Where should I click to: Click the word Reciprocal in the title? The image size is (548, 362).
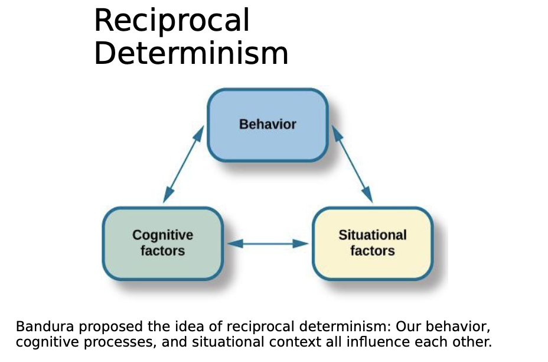(x=171, y=21)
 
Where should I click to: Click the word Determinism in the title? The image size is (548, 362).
(x=191, y=53)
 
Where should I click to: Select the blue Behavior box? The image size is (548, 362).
(x=268, y=125)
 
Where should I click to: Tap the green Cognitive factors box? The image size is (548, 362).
(x=162, y=243)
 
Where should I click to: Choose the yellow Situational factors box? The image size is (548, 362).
(x=373, y=243)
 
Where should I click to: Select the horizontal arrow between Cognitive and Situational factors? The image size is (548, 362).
(x=268, y=243)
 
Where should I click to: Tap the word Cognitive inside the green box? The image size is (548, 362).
(x=162, y=235)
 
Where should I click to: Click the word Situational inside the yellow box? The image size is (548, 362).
(x=373, y=235)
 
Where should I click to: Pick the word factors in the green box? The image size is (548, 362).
(x=162, y=251)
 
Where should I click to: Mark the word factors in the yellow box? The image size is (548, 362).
(x=373, y=251)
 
